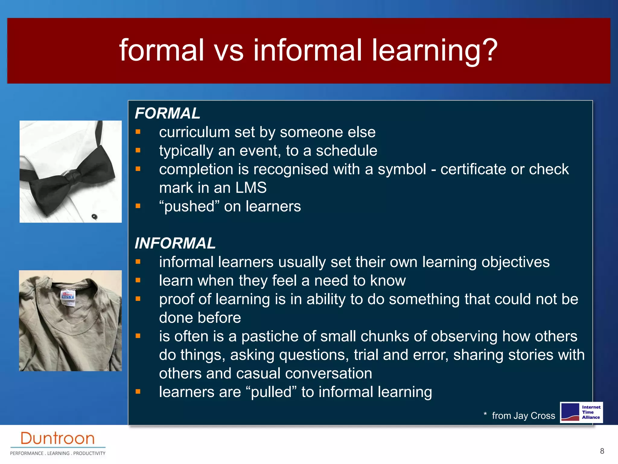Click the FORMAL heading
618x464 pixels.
167,114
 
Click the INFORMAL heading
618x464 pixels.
175,243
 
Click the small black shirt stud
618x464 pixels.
94,216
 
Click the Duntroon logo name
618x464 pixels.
57,439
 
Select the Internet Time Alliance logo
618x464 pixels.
581,412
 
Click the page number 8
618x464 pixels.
602,451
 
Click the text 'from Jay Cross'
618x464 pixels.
523,416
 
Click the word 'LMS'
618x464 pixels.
251,188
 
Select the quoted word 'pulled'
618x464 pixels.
272,392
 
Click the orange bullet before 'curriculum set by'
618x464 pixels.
138,132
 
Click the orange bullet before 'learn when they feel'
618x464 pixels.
138,280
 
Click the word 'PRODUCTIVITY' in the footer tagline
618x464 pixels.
89,453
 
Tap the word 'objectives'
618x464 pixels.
515,262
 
